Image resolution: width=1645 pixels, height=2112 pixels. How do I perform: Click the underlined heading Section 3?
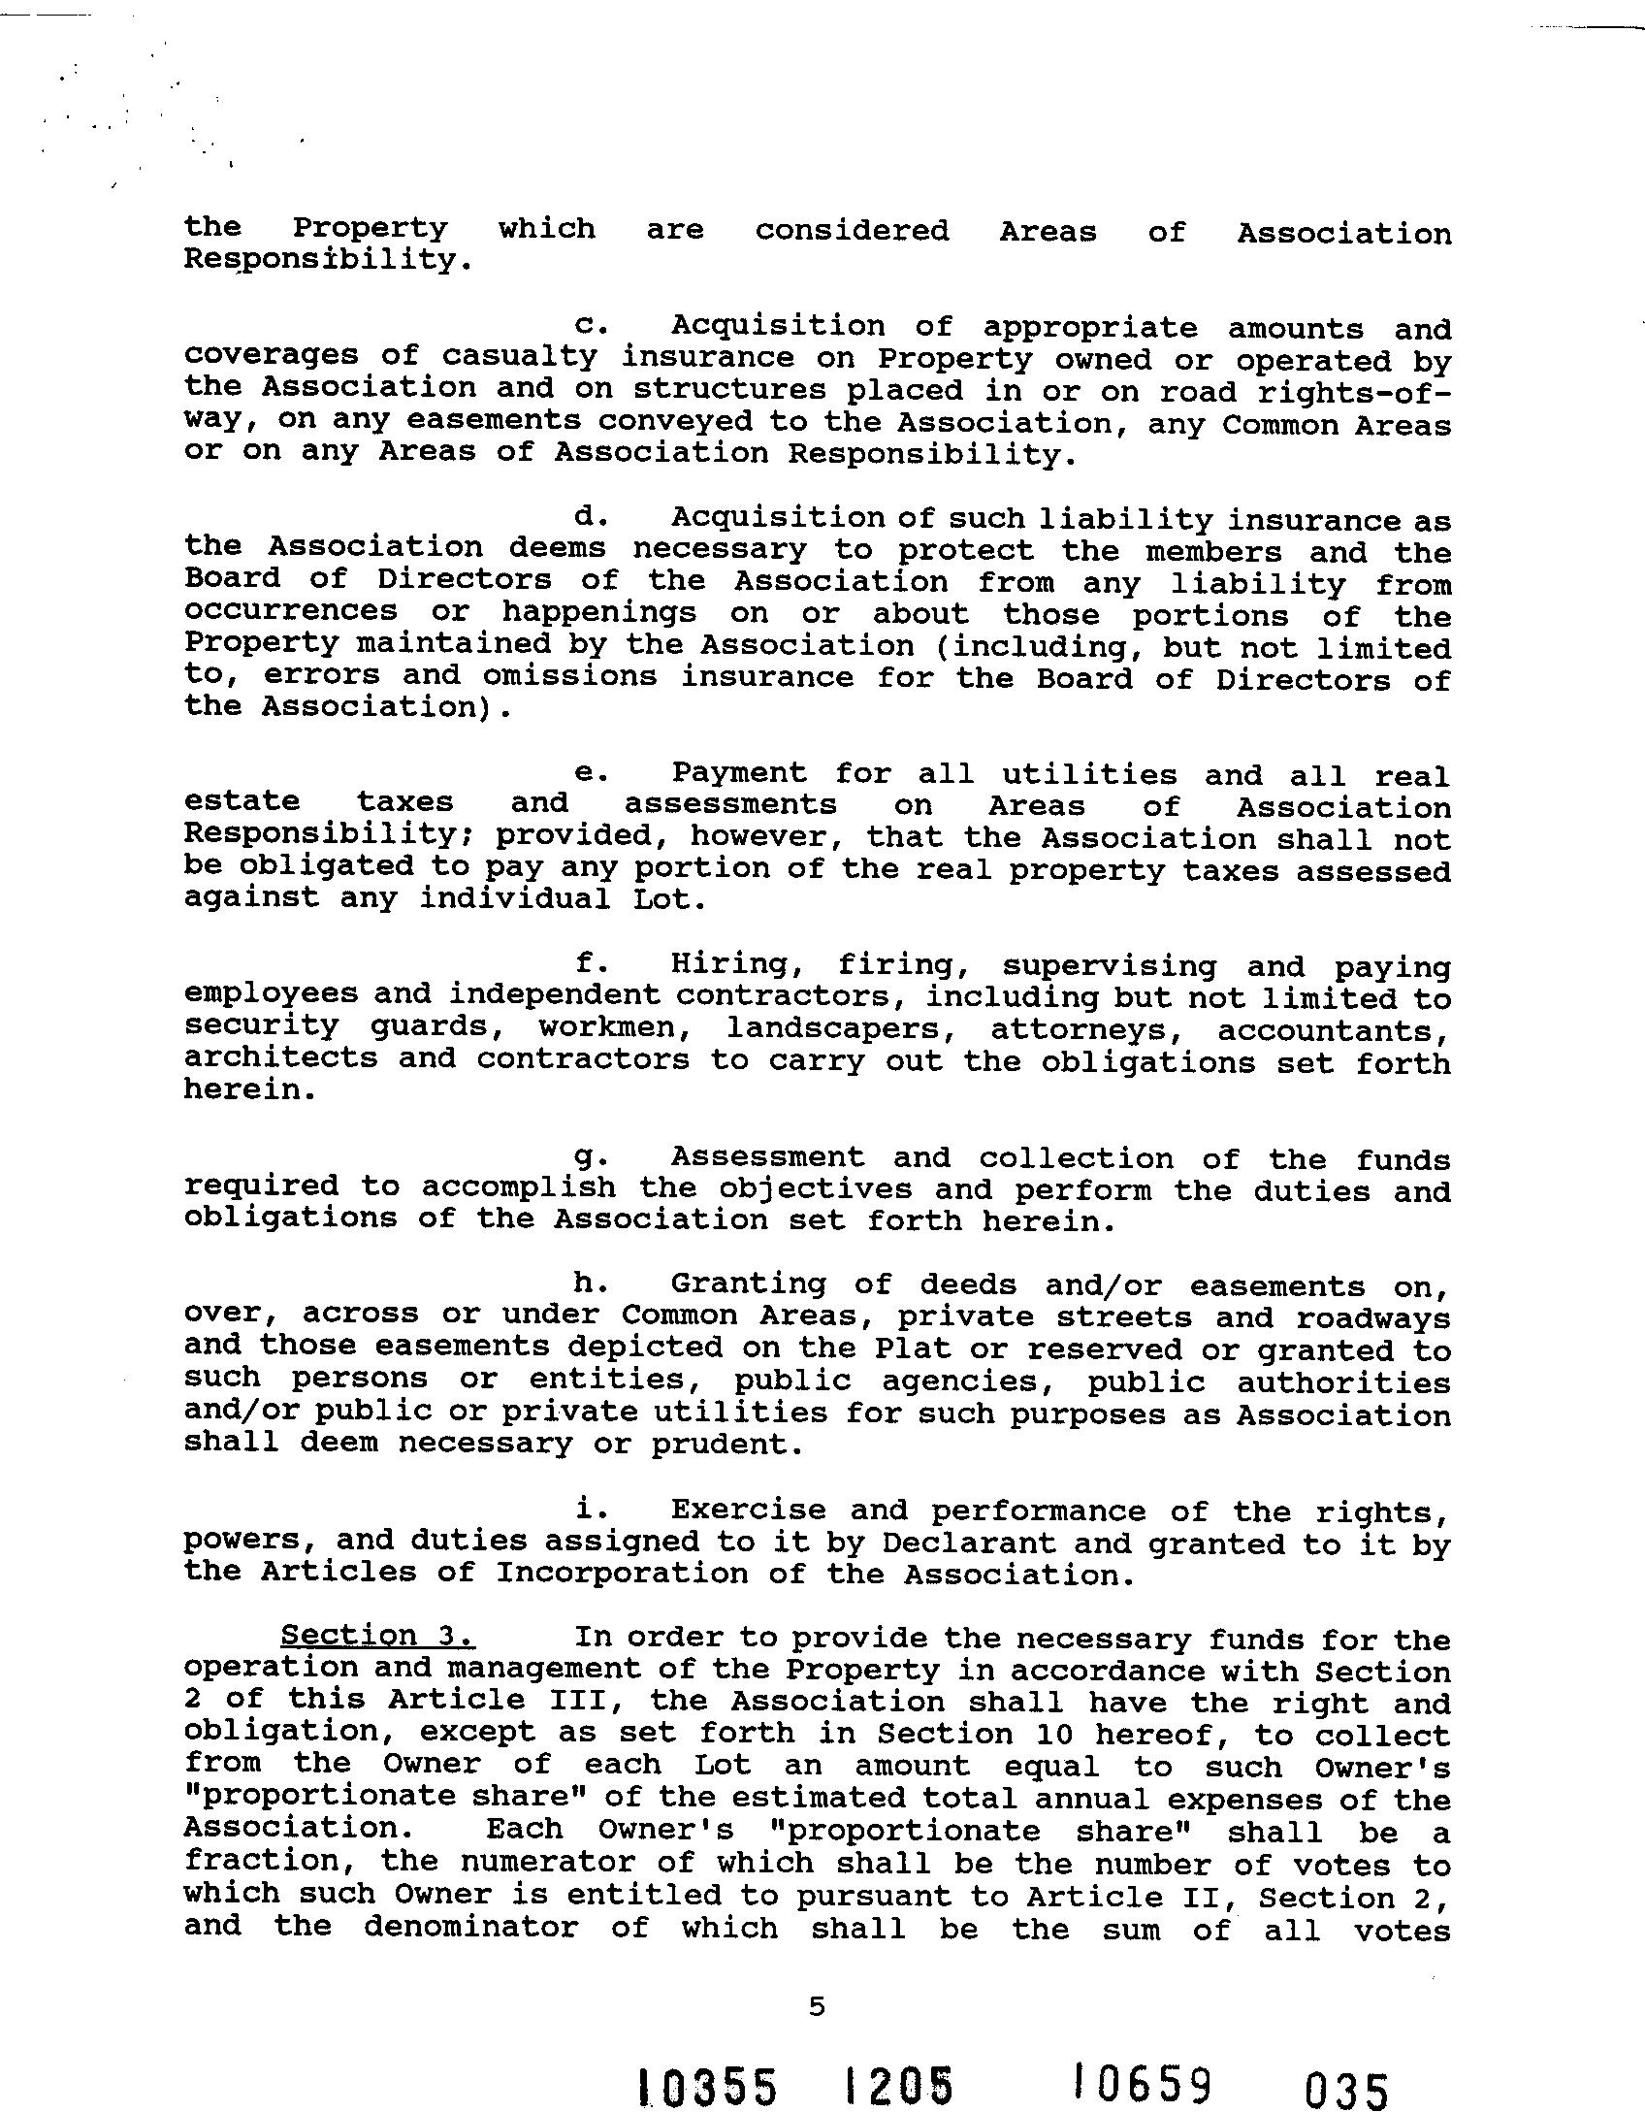pyautogui.click(x=376, y=1637)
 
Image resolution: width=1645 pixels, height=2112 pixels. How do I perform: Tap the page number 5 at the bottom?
pyautogui.click(x=816, y=2005)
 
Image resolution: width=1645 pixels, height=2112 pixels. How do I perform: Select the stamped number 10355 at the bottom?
pyautogui.click(x=708, y=2086)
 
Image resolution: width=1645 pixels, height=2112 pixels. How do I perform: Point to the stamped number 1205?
pyautogui.click(x=898, y=2086)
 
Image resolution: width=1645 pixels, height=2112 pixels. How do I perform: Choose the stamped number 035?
pyautogui.click(x=1347, y=2089)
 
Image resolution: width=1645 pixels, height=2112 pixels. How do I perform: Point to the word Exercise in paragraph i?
pyautogui.click(x=748, y=1511)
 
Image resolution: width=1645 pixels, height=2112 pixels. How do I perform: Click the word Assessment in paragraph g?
pyautogui.click(x=767, y=1157)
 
